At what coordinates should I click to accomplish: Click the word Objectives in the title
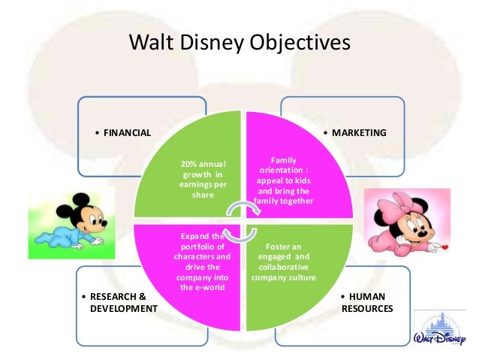[x=299, y=43]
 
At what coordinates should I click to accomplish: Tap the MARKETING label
[x=359, y=133]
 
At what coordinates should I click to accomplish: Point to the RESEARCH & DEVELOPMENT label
[x=119, y=303]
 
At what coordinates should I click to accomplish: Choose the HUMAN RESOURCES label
[x=365, y=303]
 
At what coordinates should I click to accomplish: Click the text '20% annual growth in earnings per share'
[x=203, y=180]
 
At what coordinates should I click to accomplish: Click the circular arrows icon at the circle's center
[x=241, y=222]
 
